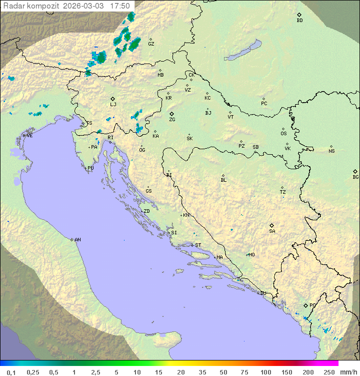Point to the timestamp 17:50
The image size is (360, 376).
click(120, 6)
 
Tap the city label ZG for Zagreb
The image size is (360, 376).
click(172, 120)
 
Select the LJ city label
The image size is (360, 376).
click(113, 105)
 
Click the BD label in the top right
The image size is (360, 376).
click(299, 21)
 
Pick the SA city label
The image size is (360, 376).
click(272, 231)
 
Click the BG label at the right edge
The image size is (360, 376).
click(355, 177)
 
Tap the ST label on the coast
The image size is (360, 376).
click(198, 245)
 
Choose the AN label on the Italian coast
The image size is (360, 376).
click(77, 240)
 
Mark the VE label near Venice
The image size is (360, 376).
click(29, 136)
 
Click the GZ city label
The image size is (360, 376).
click(151, 44)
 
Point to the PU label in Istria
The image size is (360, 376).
click(90, 168)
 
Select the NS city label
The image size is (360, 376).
click(331, 151)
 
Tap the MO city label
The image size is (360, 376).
click(251, 255)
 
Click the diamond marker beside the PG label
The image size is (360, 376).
click(305, 305)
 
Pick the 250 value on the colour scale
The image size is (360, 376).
click(328, 372)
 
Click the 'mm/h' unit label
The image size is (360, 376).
click(348, 372)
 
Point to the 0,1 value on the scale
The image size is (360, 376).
click(11, 372)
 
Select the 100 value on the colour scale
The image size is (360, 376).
click(265, 372)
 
